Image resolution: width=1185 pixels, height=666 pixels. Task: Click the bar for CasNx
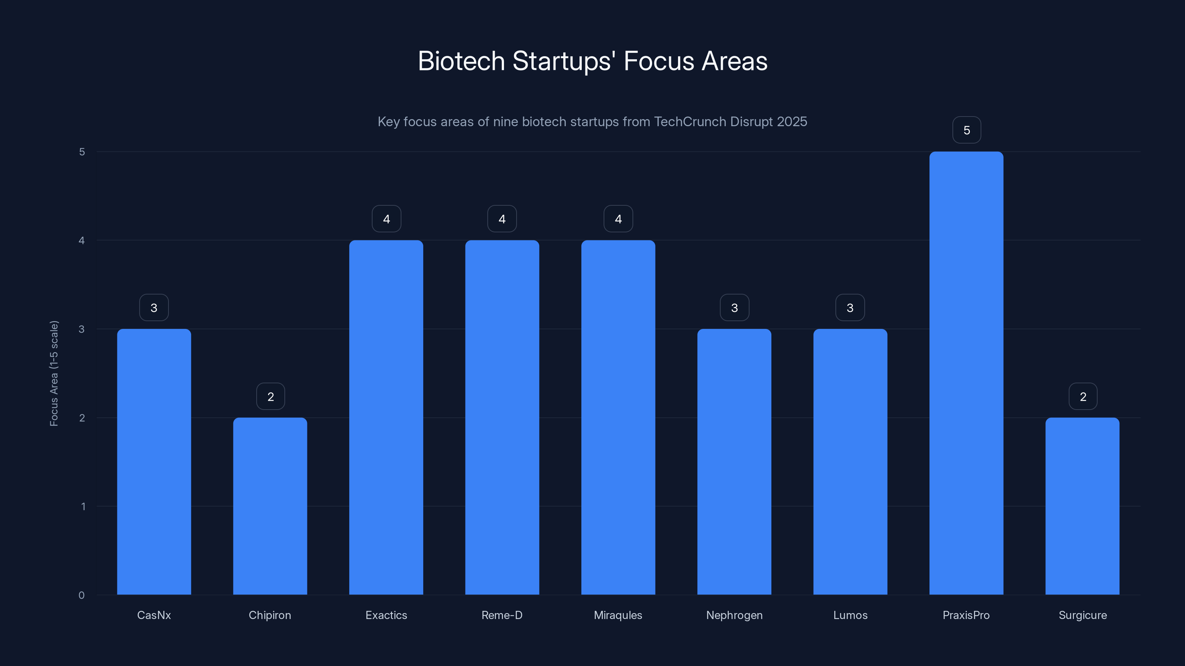click(154, 461)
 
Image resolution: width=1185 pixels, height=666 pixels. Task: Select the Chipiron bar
click(270, 505)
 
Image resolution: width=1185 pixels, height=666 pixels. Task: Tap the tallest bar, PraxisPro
click(966, 372)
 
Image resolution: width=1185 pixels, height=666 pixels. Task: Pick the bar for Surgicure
click(1082, 505)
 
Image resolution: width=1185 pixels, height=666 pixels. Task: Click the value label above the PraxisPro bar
click(967, 130)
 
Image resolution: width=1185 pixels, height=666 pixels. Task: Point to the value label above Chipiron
click(270, 396)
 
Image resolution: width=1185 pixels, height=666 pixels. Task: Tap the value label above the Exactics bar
click(386, 219)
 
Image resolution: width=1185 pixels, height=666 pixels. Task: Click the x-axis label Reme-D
click(502, 615)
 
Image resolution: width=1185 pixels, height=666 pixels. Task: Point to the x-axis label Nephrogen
click(734, 615)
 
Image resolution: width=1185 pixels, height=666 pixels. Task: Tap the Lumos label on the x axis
click(850, 615)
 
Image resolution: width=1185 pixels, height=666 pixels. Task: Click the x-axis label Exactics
click(386, 615)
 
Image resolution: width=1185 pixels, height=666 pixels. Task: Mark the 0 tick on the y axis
click(81, 595)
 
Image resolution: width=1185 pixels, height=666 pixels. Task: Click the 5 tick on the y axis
click(82, 152)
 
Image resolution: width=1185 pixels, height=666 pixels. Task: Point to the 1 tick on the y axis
click(83, 507)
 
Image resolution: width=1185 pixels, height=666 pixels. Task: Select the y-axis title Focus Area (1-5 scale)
click(54, 373)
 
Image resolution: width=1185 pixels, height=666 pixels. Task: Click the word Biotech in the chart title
click(461, 61)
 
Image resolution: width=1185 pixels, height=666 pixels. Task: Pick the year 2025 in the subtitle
click(792, 121)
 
